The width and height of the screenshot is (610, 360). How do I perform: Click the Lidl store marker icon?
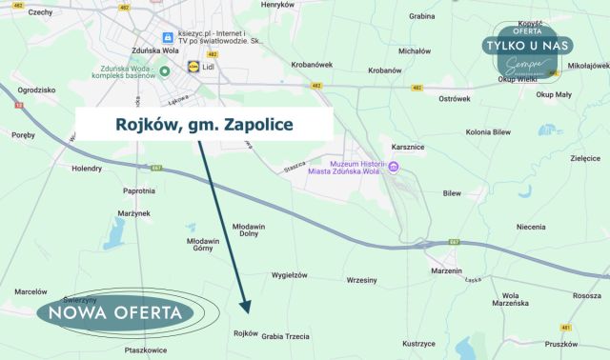pos(194,67)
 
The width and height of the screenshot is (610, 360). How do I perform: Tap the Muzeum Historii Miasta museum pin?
pos(394,169)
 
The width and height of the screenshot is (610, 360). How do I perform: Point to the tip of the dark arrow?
pos(247,311)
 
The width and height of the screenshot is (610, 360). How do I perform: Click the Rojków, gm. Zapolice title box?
pos(205,124)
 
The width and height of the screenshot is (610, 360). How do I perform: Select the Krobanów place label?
pos(384,70)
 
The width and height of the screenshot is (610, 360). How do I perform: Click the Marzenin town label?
pos(446,271)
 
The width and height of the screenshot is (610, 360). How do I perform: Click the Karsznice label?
pos(410,148)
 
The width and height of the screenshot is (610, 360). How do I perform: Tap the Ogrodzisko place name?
pos(39,89)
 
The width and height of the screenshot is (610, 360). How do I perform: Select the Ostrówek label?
pos(455,98)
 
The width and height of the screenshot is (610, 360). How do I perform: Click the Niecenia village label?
pos(531,228)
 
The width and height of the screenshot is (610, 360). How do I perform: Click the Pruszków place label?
pos(562,343)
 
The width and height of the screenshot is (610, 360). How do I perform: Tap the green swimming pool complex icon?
pos(165,70)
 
